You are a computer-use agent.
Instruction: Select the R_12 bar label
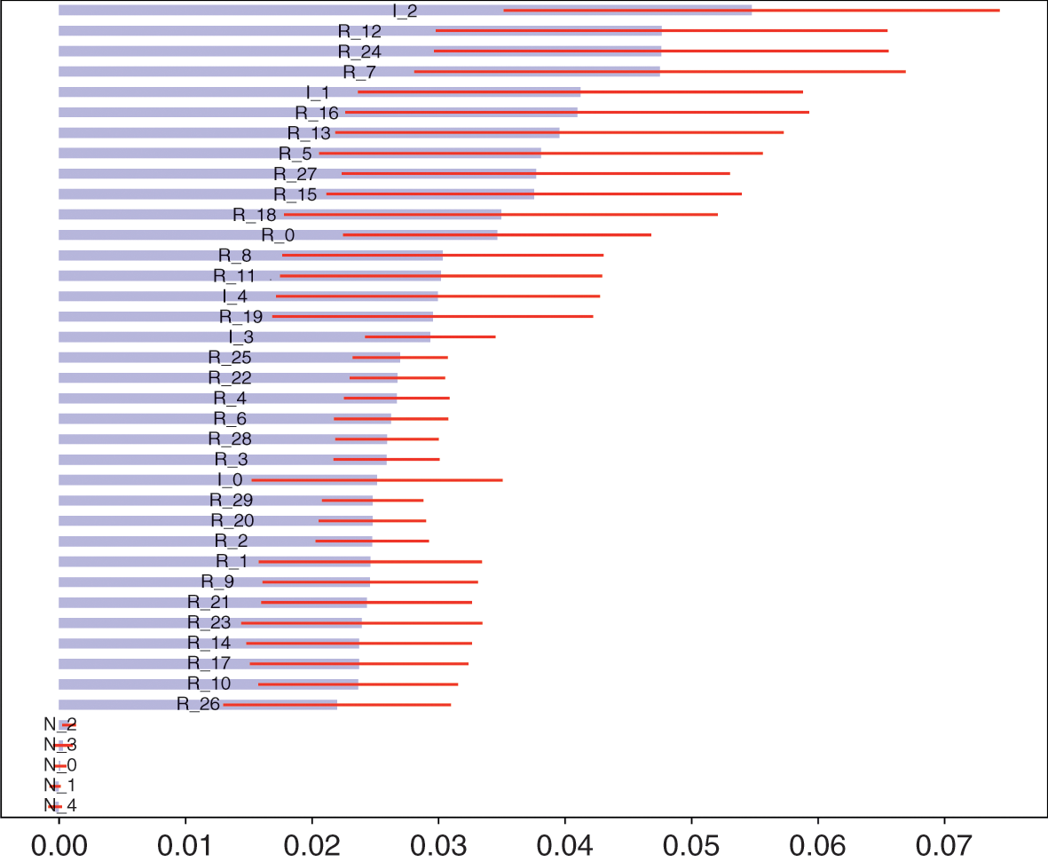360,31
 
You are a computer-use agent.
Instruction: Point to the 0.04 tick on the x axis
565,818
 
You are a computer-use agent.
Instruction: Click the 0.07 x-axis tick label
944,841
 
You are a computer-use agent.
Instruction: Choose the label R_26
198,705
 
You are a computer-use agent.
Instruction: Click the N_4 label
60,806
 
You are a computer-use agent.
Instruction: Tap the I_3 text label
241,337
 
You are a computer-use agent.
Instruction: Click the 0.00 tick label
59,841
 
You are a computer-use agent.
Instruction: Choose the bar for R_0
160,235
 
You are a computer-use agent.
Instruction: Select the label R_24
359,51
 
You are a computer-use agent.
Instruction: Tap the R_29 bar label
231,501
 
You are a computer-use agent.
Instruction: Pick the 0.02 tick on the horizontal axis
312,818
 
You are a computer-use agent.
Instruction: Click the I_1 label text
318,91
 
